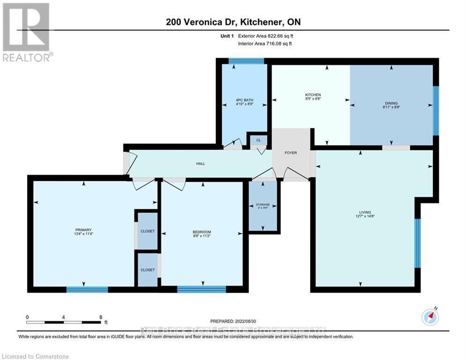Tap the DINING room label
392,105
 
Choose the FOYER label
291,152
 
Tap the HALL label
200,164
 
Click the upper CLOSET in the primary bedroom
148,232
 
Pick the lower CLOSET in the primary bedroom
148,270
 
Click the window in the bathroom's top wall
246,60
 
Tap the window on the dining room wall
436,110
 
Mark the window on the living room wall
417,243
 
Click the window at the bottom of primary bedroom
84,289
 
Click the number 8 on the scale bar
101,317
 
